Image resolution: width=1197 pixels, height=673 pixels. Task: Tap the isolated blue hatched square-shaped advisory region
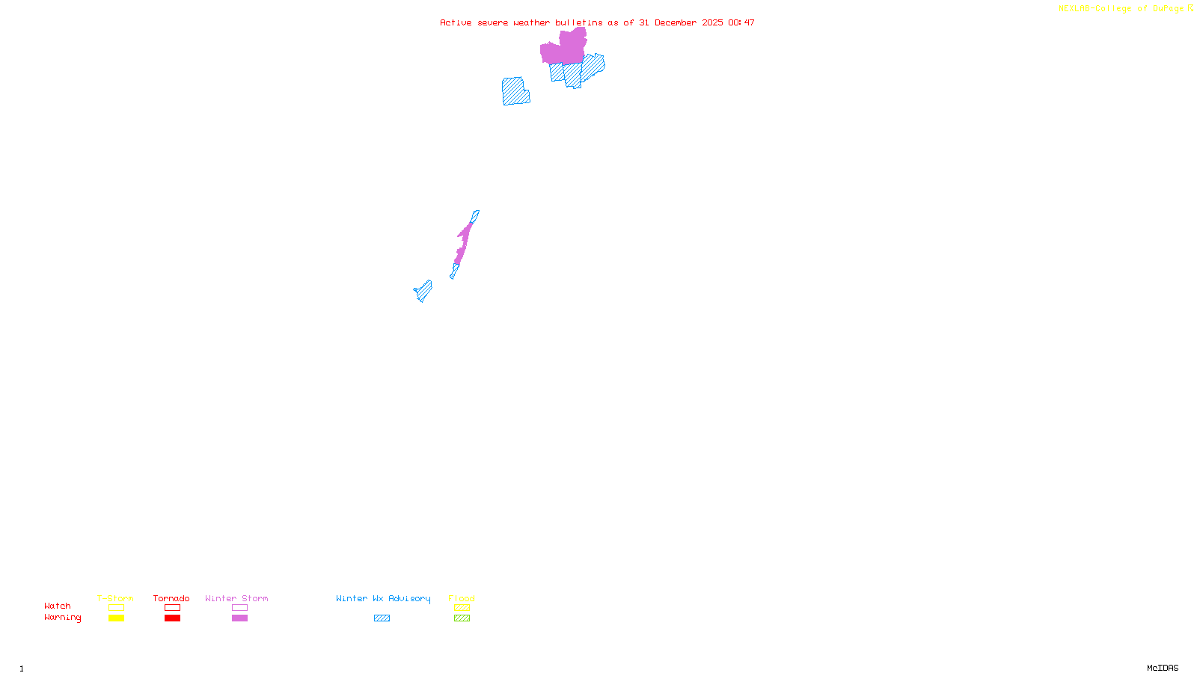[x=515, y=91]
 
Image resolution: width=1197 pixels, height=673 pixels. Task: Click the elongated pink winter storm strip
[x=464, y=241]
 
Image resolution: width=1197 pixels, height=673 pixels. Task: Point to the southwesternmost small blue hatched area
[x=423, y=291]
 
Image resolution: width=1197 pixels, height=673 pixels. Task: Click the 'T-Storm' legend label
[x=115, y=598]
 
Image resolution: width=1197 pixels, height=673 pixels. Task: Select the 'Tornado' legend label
[x=171, y=598]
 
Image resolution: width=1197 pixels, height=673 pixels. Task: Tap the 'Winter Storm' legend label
[x=236, y=598]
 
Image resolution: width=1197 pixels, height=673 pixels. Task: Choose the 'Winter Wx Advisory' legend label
[x=383, y=598]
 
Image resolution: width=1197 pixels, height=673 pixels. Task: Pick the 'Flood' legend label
[x=462, y=598]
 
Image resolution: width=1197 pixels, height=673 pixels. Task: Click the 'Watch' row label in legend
[x=58, y=606]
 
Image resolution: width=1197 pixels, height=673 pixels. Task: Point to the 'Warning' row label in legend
[x=63, y=618]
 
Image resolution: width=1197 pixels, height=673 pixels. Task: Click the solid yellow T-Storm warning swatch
[x=116, y=618]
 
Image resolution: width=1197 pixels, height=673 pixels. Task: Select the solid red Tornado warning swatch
[x=173, y=618]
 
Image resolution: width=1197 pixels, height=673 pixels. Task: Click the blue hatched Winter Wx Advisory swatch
[x=382, y=618]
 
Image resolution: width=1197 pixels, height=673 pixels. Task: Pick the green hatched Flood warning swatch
[x=462, y=618]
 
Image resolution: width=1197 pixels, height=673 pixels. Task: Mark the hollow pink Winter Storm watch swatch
[x=239, y=608]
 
